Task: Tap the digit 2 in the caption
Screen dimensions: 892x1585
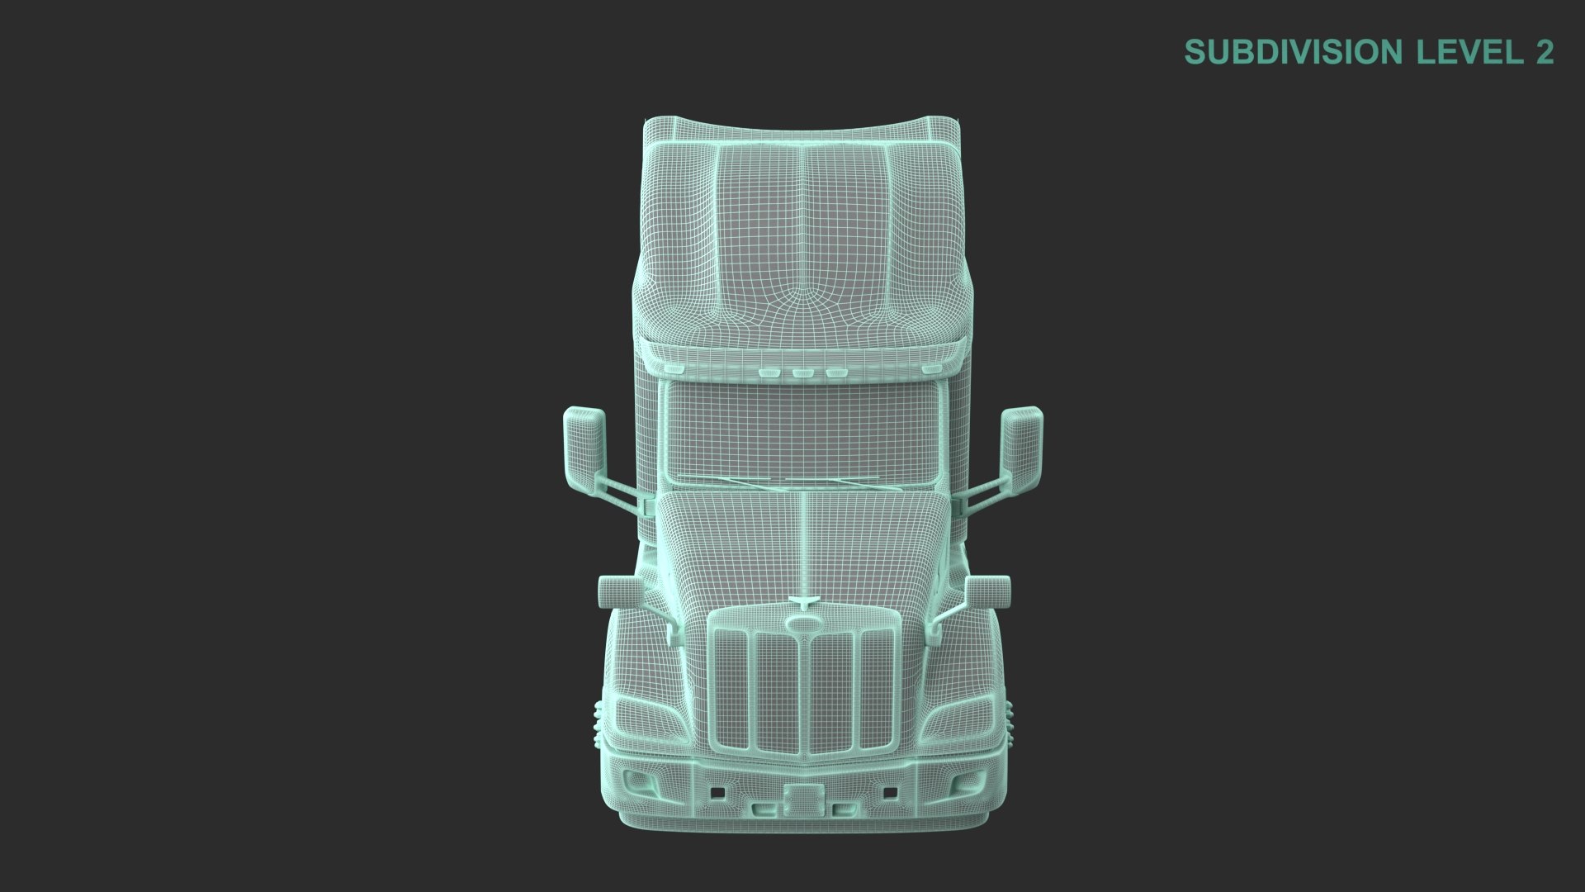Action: click(x=1545, y=52)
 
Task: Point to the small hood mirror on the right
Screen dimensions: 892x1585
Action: click(x=987, y=591)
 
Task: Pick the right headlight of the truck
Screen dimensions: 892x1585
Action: click(x=958, y=720)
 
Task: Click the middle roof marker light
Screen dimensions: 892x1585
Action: click(x=802, y=373)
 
